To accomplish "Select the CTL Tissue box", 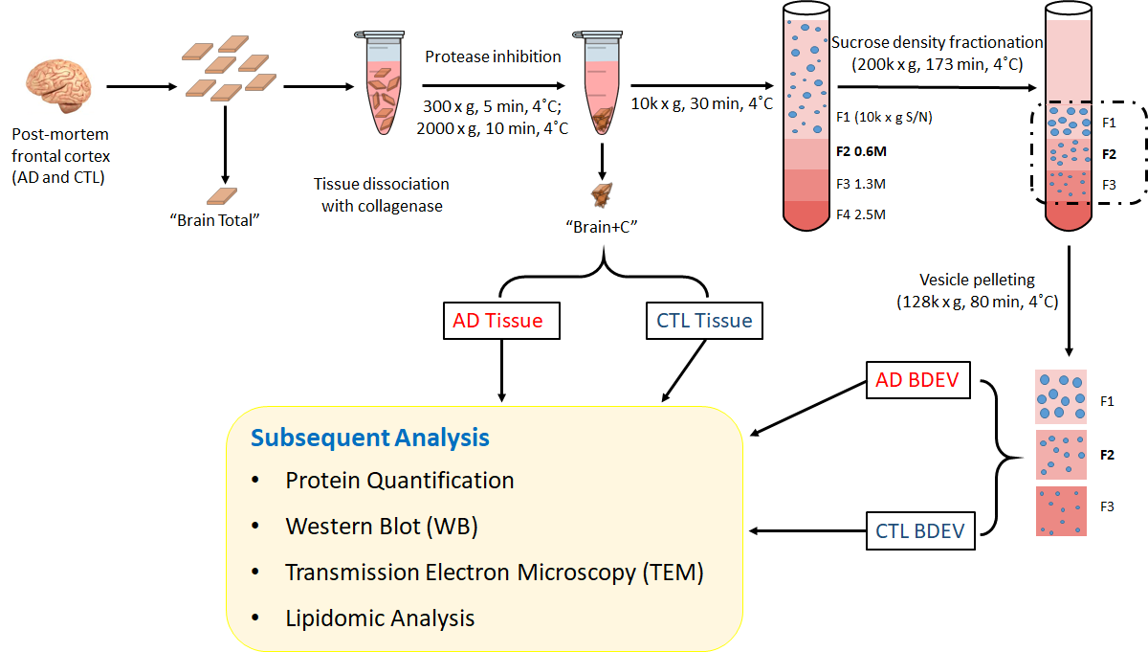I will (705, 321).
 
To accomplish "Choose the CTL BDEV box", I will (919, 530).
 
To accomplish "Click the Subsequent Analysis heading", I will (370, 438).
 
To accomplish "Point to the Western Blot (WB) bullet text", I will (381, 526).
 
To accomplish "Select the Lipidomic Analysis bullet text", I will (380, 618).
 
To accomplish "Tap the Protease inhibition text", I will (493, 56).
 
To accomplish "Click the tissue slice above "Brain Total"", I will (225, 195).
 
